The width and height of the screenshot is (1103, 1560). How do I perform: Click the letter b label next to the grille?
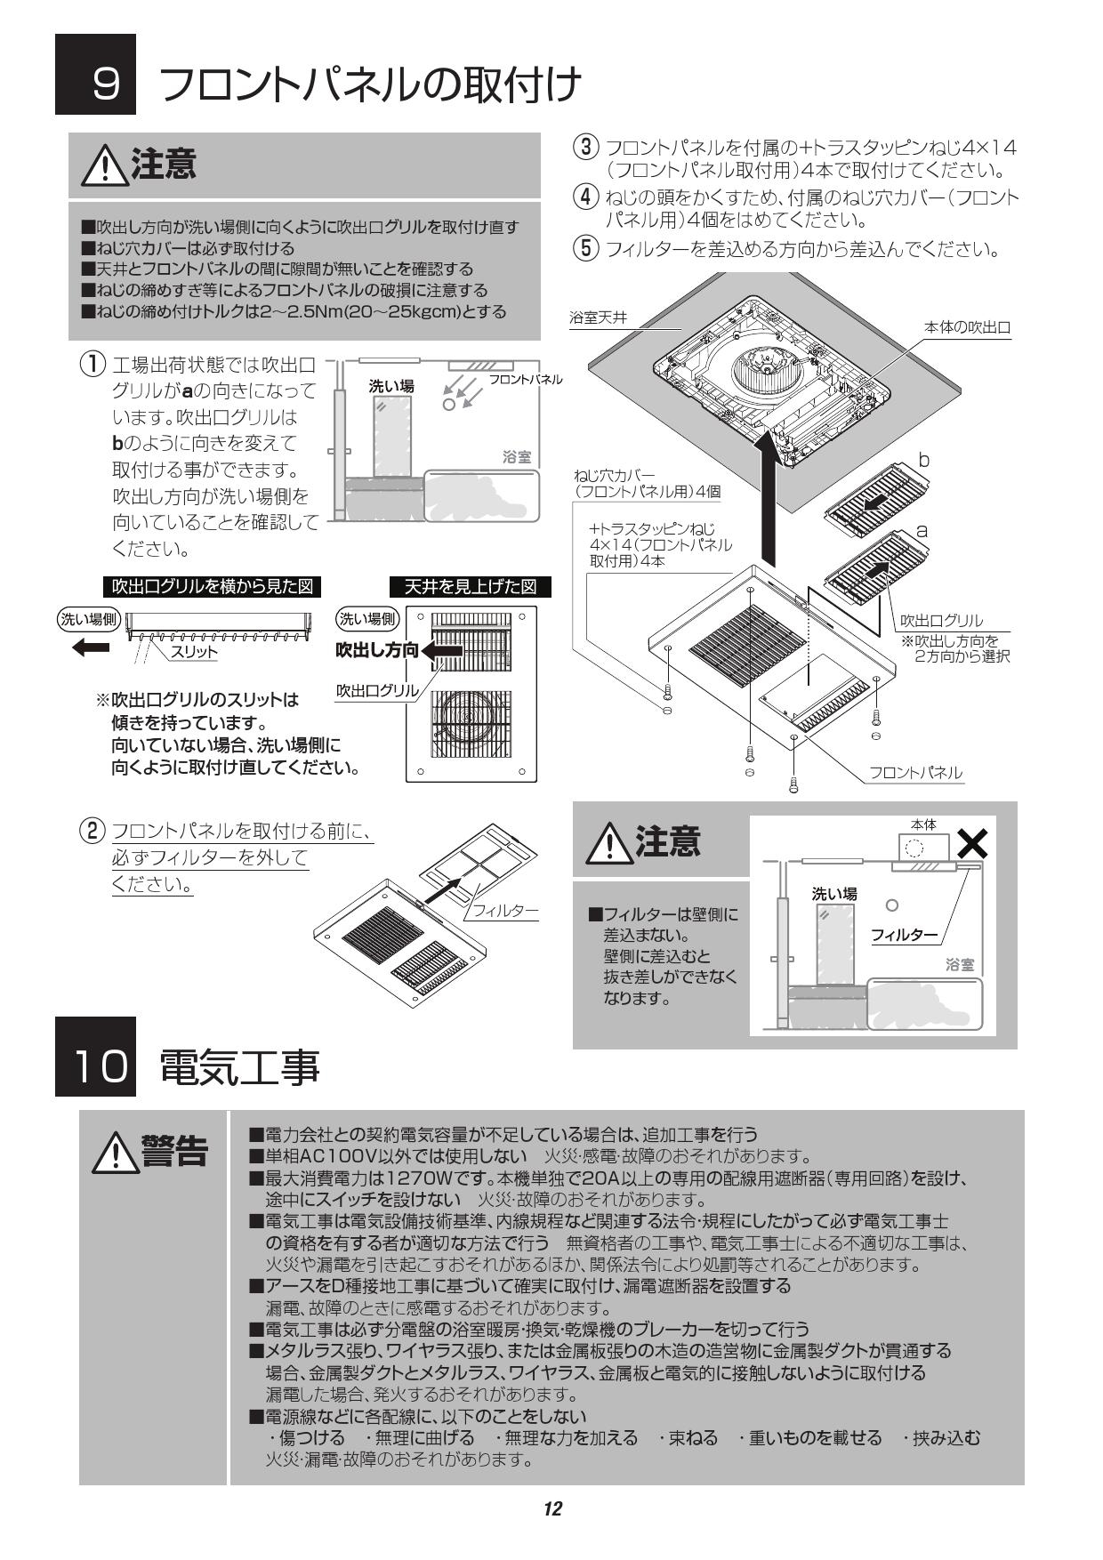tap(923, 460)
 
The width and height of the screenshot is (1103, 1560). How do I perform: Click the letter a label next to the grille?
tap(922, 531)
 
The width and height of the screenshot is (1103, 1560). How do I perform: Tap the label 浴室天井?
tap(598, 318)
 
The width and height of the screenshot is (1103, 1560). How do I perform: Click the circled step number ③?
tap(584, 148)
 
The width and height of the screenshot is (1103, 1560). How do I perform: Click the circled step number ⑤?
tap(584, 248)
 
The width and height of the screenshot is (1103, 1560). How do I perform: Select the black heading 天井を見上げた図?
tap(471, 587)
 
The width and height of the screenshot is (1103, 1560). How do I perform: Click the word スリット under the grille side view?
tap(193, 652)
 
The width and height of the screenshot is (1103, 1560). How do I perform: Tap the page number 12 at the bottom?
tap(552, 1508)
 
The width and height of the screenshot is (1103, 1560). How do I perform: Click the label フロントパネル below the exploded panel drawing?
tap(915, 773)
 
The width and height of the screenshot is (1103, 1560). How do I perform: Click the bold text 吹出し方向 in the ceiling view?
tap(376, 650)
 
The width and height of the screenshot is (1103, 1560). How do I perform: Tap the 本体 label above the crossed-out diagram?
tap(923, 825)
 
